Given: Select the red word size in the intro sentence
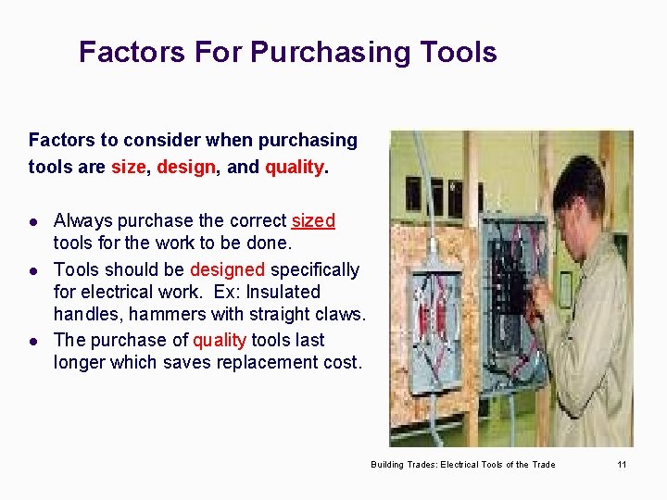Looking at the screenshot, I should click(128, 168).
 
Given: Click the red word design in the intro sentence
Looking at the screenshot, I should click(185, 168).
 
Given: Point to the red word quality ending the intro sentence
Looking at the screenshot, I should click(294, 168).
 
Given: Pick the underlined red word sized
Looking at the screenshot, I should click(313, 220).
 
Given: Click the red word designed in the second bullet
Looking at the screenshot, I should click(228, 269).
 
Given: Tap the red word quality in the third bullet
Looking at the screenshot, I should click(219, 340).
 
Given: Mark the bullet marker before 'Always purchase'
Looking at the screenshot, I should click(33, 221).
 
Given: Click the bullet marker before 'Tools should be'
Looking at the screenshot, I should click(33, 270).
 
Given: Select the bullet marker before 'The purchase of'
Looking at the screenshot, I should click(33, 341).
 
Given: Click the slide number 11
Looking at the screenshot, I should click(623, 464).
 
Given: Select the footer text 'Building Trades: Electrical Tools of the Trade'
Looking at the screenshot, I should click(462, 464).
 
